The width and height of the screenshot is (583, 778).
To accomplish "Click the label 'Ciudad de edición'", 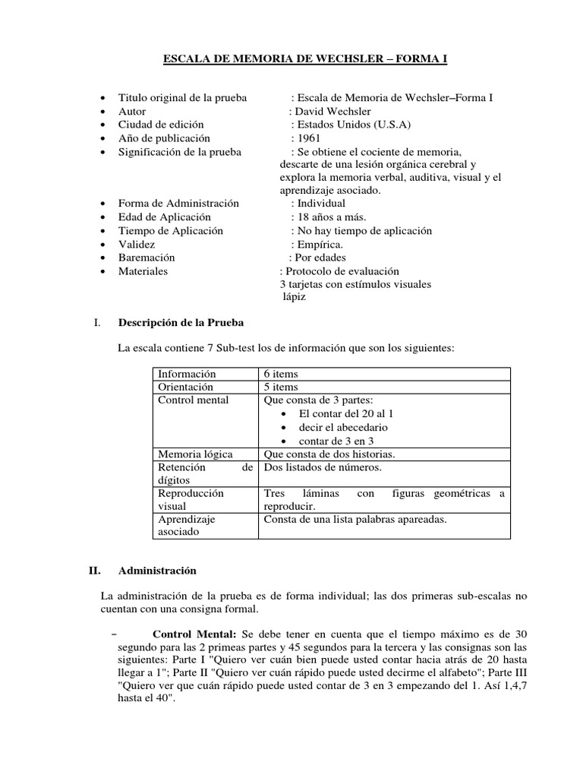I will [x=161, y=125].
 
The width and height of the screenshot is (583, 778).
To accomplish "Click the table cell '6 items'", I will [x=281, y=374].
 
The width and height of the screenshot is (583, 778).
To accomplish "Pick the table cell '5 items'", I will [x=281, y=387].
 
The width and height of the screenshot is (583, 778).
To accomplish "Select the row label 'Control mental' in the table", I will [x=192, y=400].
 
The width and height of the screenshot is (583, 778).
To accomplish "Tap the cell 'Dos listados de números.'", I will [x=322, y=467].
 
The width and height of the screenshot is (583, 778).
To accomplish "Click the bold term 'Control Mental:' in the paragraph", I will [x=195, y=634].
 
